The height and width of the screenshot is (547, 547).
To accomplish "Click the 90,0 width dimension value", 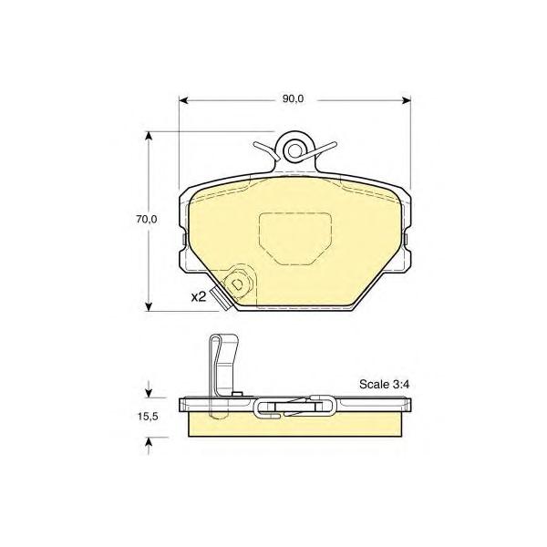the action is pyautogui.click(x=293, y=99).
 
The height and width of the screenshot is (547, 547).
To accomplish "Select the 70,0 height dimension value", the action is pyautogui.click(x=147, y=220).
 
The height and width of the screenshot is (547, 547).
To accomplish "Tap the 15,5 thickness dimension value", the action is pyautogui.click(x=149, y=417).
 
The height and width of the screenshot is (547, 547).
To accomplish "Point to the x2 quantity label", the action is pyautogui.click(x=199, y=297).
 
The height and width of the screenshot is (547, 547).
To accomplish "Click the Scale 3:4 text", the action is pyautogui.click(x=384, y=385).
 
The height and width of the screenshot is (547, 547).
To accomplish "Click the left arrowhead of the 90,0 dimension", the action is pyautogui.click(x=183, y=100).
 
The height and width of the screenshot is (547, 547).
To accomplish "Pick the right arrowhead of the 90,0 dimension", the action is pyautogui.click(x=406, y=100).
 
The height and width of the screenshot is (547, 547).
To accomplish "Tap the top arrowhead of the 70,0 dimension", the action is pyautogui.click(x=149, y=136).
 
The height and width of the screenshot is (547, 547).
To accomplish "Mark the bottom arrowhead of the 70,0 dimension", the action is pyautogui.click(x=149, y=306).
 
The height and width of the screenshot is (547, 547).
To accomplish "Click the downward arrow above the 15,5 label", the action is pyautogui.click(x=149, y=389).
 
